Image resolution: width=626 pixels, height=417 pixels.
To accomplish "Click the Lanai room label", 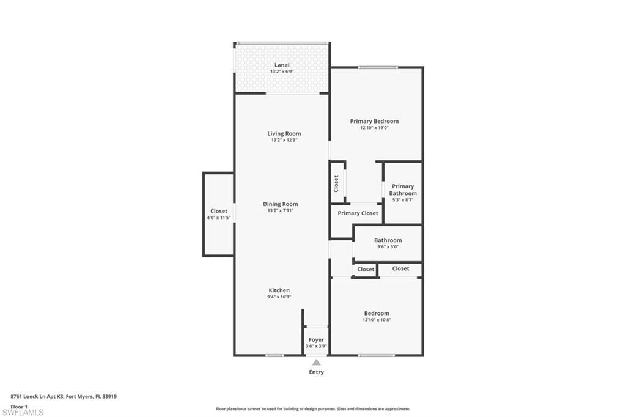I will tap(281, 65).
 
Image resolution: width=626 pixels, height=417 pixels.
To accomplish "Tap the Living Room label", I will tap(284, 133).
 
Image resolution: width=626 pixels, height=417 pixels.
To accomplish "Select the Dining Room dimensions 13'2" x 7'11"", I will tap(281, 211).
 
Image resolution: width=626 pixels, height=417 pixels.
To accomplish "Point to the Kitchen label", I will tap(279, 290).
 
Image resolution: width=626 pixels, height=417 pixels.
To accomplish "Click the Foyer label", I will tap(316, 340).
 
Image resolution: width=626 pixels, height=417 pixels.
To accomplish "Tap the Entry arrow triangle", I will tap(316, 363).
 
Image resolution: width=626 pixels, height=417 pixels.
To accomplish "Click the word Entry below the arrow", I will tap(316, 372).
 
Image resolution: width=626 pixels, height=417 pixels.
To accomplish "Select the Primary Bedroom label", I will tap(374, 121).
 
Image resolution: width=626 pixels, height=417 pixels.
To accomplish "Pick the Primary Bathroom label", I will tap(403, 190).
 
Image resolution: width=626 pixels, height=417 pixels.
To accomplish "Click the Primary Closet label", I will tap(358, 213).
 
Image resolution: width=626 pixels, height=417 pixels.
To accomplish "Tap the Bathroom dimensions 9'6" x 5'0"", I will tap(388, 246).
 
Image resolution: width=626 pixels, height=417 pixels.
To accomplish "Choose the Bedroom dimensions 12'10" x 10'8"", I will tap(377, 320).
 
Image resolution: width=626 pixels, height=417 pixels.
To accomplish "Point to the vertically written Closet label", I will tap(336, 183).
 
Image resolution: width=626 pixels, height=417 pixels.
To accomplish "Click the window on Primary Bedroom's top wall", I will tap(378, 67).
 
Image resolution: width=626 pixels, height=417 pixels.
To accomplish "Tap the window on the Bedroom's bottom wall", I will tap(377, 355).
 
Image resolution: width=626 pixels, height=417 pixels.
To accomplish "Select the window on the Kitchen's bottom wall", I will tap(274, 355).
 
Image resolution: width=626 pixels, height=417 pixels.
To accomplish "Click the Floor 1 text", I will tap(19, 406).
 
